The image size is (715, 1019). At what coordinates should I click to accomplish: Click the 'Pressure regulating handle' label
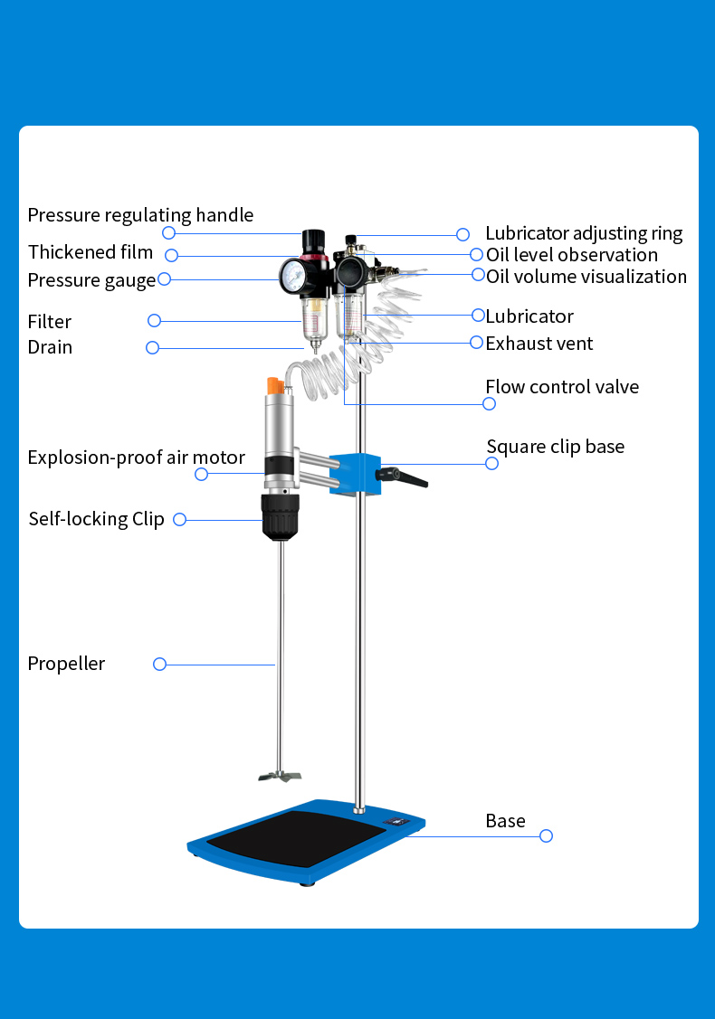point(140,215)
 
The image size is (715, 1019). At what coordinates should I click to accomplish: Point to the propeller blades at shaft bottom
point(278,775)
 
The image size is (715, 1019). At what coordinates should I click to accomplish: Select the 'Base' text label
point(505,821)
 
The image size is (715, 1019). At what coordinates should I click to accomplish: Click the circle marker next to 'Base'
point(546,836)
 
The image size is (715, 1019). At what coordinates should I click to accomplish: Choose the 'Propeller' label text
point(66,664)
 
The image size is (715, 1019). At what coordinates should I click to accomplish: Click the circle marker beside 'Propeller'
point(160,664)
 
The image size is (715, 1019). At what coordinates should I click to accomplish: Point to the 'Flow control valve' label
point(562,387)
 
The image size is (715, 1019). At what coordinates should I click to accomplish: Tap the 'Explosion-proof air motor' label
point(136,458)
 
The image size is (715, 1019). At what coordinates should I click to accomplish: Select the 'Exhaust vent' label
point(539,344)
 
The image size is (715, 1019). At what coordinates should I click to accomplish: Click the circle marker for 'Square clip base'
point(492,463)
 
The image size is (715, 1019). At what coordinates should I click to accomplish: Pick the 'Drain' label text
point(50,347)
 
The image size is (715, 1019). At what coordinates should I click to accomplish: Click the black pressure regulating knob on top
point(313,240)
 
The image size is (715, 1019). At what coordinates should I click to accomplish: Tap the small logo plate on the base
point(397,821)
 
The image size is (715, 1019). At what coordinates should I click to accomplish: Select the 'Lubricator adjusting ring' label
point(584,234)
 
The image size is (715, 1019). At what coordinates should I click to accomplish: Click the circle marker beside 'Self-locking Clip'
point(179,519)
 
